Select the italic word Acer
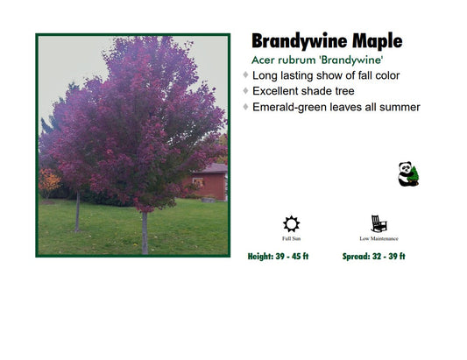266,60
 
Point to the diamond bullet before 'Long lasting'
246,75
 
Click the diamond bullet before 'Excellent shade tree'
246,91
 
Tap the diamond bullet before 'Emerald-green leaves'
246,107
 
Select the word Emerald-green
294,107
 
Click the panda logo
408,173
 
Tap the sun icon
291,223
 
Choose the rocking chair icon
379,223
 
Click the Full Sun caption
291,238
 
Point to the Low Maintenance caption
379,238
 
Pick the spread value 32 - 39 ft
385,257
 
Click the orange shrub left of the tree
50,182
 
